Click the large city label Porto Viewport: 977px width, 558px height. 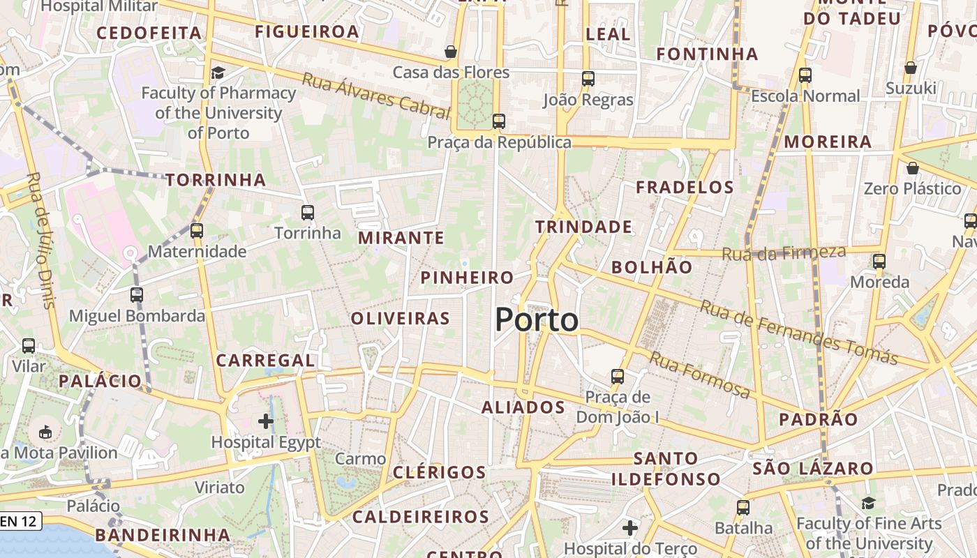click(x=537, y=320)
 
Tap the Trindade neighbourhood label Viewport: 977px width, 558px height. click(x=583, y=227)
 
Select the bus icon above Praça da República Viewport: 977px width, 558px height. click(x=498, y=121)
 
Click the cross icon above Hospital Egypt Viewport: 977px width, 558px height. click(x=265, y=421)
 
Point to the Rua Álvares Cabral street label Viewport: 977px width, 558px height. click(x=375, y=95)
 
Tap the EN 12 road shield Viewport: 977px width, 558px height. click(x=20, y=521)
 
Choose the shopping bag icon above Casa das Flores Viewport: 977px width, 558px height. click(x=451, y=52)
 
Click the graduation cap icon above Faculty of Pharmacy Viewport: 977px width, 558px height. click(x=218, y=73)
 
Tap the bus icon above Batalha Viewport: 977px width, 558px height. click(x=743, y=507)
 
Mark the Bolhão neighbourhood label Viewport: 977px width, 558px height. click(x=652, y=267)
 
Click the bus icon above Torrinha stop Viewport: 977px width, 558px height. click(x=307, y=213)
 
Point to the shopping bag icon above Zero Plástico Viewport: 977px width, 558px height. click(x=912, y=168)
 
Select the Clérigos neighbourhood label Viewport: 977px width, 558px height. click(x=439, y=472)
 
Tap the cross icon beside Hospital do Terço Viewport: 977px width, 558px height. click(x=629, y=528)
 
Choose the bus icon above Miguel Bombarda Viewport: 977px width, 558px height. click(x=137, y=295)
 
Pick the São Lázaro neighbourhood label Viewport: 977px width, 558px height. click(x=813, y=468)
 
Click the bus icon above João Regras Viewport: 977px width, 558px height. click(x=588, y=79)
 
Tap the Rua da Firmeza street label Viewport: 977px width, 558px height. click(x=783, y=252)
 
